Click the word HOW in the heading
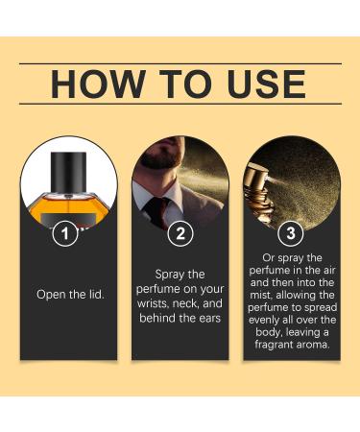click(x=97, y=84)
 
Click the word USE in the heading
click(x=262, y=84)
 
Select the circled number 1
click(x=64, y=233)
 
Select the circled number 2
click(x=180, y=233)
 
